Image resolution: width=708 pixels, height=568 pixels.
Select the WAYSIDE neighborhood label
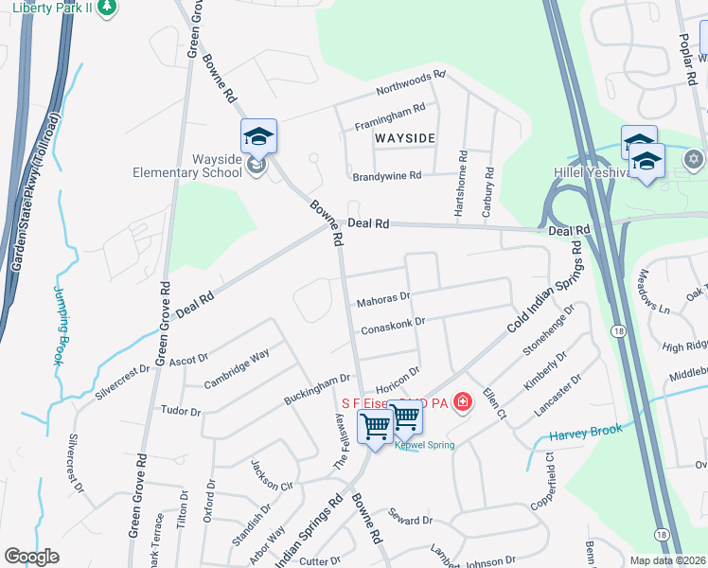pos(404,138)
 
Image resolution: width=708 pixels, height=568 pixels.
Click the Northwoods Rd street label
pos(410,83)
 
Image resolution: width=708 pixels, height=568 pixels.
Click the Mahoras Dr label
pos(382,300)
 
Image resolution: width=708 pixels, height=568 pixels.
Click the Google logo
pos(31,557)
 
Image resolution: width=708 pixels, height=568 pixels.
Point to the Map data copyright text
pos(668,559)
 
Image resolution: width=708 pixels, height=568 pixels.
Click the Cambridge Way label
pos(237,369)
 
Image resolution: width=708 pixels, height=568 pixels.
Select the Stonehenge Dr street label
pos(550,329)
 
